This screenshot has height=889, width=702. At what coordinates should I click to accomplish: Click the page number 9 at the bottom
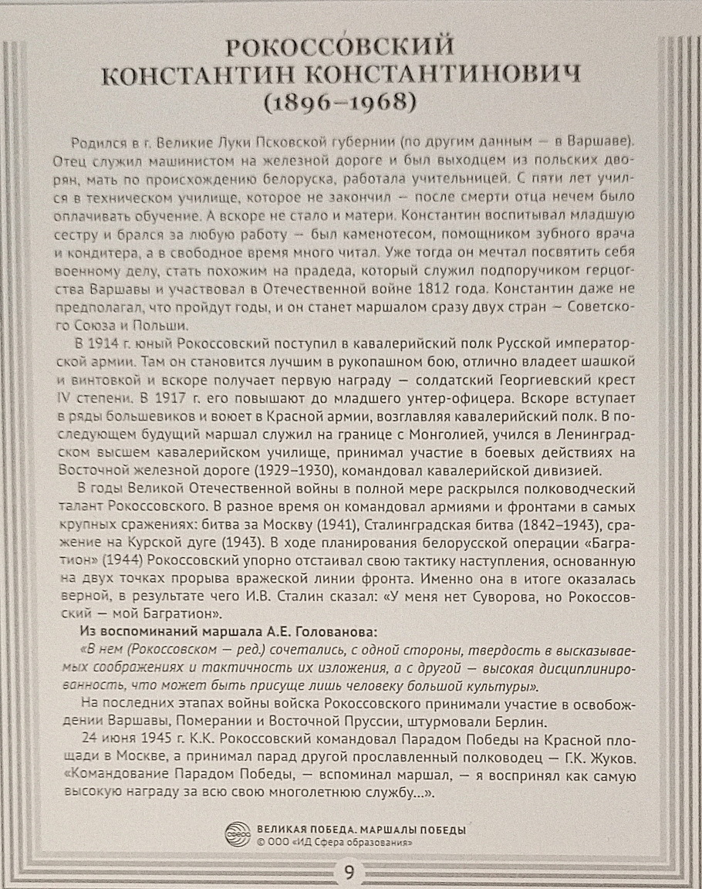349,873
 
